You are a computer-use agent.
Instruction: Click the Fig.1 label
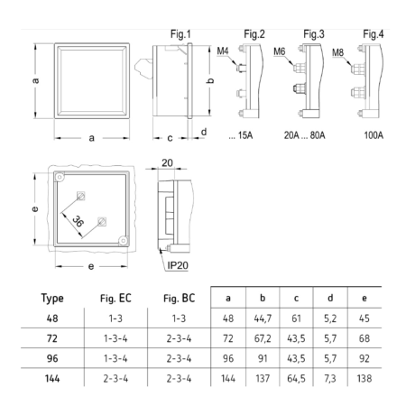click(180, 34)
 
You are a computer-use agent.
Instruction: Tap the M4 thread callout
click(223, 51)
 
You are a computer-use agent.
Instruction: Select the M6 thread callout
click(279, 51)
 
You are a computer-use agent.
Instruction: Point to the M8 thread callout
click(337, 52)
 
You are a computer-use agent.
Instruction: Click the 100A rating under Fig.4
click(374, 135)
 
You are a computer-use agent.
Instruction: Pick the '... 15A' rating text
click(241, 135)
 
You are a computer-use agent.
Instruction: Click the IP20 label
click(178, 265)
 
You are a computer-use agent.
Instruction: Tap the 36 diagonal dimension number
click(78, 221)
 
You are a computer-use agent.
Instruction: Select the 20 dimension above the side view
click(167, 162)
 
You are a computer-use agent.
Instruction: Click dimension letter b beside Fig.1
click(211, 80)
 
